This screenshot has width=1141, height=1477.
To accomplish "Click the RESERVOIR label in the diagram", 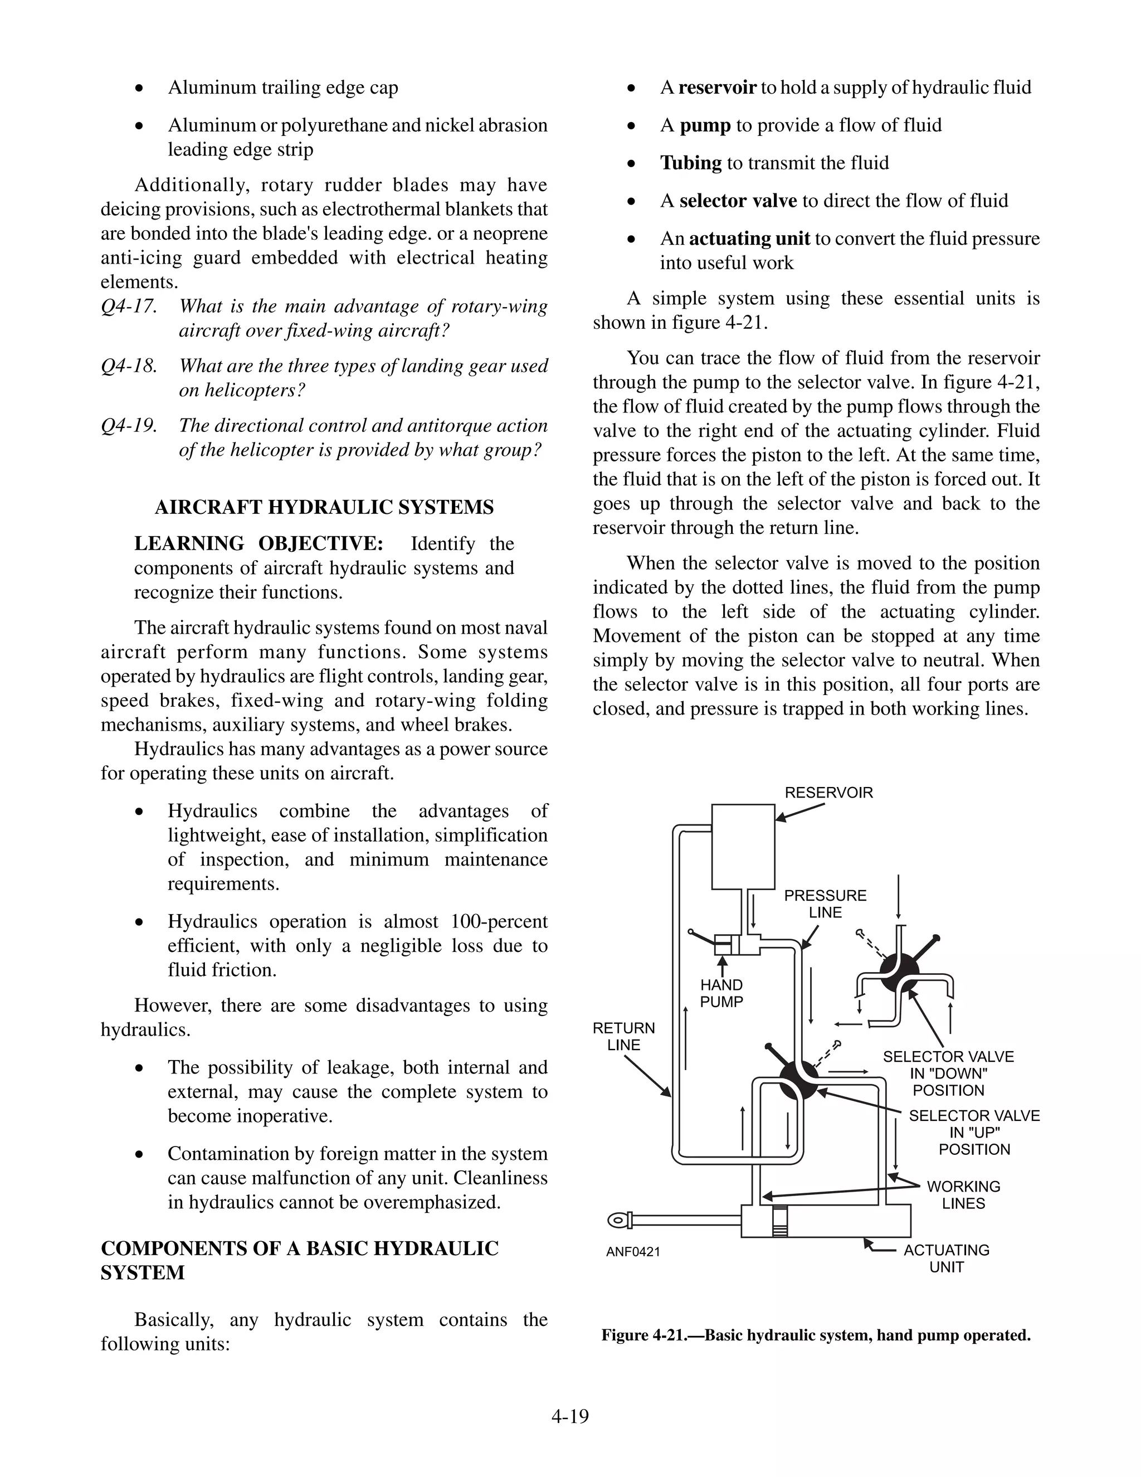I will point(828,793).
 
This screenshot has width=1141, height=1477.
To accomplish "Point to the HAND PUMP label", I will point(721,993).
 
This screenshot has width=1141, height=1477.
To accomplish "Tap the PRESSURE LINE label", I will point(825,903).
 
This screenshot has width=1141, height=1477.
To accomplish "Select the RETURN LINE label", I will point(623,1036).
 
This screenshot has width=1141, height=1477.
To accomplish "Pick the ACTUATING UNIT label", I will point(947,1259).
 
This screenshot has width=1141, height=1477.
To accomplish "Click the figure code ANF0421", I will point(633,1252).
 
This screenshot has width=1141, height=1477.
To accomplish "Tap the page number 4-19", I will point(570,1416).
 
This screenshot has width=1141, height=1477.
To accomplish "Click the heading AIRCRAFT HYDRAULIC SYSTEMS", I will point(324,507).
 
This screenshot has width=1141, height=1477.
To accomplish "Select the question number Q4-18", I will point(129,366).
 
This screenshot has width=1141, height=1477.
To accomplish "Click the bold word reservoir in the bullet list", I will point(716,88).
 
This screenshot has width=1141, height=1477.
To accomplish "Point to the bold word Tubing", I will point(691,163).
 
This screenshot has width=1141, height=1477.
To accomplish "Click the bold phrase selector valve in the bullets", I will point(738,201).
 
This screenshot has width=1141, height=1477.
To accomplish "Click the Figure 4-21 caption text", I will point(816,1335).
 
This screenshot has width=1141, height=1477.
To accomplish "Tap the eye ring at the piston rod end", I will point(617,1221).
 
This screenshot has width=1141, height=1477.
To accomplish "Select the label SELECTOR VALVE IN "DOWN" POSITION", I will point(948,1073).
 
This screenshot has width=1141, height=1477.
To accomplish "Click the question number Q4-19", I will point(129,425).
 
